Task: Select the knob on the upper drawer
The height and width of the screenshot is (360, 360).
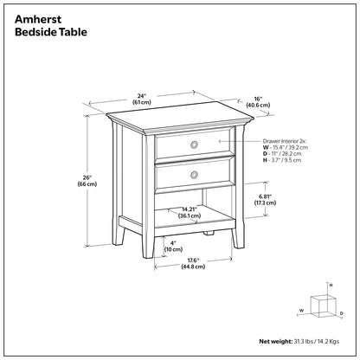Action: click(x=194, y=143)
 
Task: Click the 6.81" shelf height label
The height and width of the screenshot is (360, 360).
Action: click(x=267, y=201)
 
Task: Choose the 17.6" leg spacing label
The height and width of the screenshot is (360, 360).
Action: click(x=193, y=262)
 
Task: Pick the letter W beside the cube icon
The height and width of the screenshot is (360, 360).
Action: click(x=301, y=308)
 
